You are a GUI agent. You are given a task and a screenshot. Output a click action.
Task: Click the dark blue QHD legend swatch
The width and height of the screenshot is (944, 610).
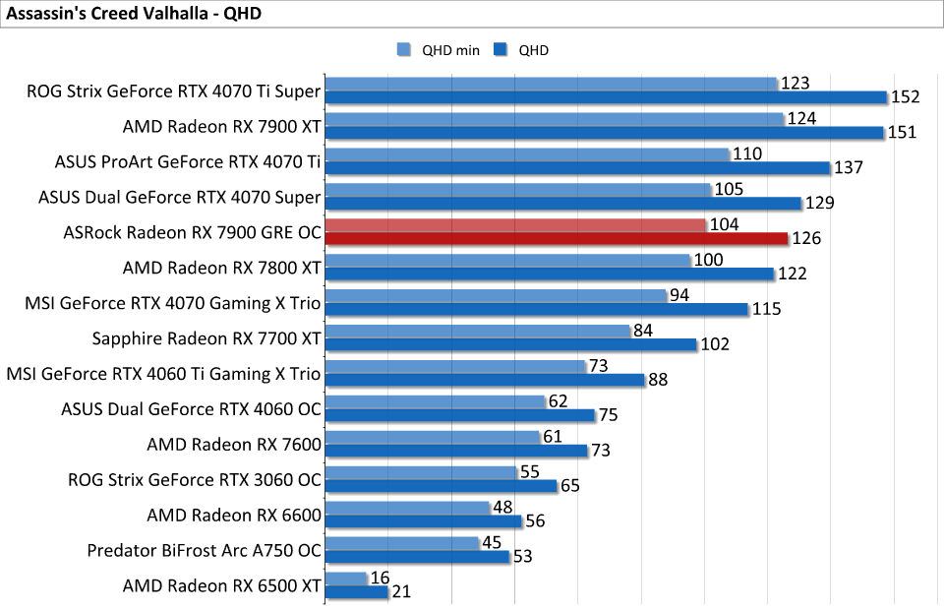pyautogui.click(x=501, y=50)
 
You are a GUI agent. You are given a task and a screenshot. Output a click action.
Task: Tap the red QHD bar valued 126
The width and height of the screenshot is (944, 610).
pyautogui.click(x=557, y=238)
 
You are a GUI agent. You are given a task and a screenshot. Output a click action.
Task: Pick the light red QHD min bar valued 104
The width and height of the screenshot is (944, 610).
pyautogui.click(x=515, y=225)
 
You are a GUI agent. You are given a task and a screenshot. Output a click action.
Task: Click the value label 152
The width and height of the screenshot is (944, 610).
pyautogui.click(x=905, y=97)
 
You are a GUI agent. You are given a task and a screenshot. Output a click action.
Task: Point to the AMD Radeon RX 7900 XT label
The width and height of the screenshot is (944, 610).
pyautogui.click(x=221, y=127)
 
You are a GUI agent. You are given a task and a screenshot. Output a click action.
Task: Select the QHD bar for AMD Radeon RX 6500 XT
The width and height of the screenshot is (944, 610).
pyautogui.click(x=357, y=592)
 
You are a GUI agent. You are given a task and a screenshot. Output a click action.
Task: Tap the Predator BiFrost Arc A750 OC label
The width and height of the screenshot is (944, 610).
pyautogui.click(x=204, y=550)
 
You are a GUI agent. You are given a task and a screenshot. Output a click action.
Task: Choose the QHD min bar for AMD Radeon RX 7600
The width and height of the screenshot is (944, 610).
pyautogui.click(x=433, y=438)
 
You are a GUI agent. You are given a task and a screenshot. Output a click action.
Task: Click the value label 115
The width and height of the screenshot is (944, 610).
pyautogui.click(x=766, y=309)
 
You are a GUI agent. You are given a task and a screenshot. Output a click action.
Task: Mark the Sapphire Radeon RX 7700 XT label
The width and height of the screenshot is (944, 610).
pyautogui.click(x=206, y=339)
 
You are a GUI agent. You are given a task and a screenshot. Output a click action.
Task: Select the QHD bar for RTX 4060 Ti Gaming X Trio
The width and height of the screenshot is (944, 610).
pyautogui.click(x=485, y=380)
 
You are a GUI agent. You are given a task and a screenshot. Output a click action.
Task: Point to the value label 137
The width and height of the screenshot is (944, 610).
pyautogui.click(x=848, y=168)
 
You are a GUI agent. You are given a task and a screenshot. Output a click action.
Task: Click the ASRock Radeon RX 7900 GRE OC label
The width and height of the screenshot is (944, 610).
pyautogui.click(x=191, y=233)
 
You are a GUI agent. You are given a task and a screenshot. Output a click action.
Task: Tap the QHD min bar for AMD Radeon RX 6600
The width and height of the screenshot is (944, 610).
pyautogui.click(x=407, y=509)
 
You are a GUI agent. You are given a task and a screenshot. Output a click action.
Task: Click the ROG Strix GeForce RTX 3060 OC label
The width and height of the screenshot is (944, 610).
pyautogui.click(x=195, y=479)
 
